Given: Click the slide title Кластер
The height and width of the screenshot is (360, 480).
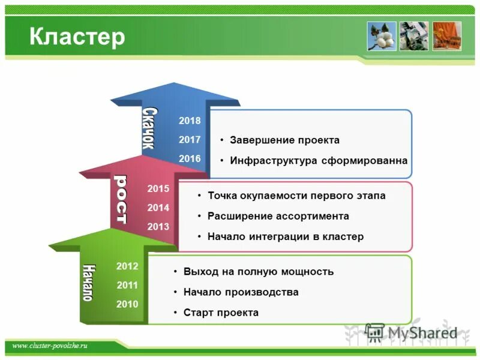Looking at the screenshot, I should click(x=77, y=37).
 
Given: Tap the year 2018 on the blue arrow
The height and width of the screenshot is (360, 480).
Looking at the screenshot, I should click(x=190, y=121).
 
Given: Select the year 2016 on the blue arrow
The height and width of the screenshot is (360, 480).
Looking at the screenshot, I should click(x=190, y=158).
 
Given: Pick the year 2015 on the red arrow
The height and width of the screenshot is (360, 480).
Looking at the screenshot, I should click(x=158, y=188).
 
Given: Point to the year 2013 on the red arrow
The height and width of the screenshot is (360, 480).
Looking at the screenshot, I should click(x=158, y=227).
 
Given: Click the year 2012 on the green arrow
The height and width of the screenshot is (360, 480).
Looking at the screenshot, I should click(x=127, y=266).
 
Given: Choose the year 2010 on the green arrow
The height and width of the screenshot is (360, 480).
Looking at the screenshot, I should click(x=127, y=304).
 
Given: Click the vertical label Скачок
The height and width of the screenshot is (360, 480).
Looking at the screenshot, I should click(x=148, y=128).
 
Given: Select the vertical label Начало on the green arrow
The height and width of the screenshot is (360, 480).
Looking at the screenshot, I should click(x=88, y=282).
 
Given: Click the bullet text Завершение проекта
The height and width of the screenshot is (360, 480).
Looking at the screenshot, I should click(x=284, y=140).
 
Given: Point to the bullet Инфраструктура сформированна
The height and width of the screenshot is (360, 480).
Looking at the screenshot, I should click(x=318, y=161).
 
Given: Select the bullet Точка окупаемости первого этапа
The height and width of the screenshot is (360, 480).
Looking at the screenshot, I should click(x=296, y=196).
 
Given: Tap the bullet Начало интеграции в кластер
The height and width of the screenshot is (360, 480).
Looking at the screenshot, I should click(x=285, y=236).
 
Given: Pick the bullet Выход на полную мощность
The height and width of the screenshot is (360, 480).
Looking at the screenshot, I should click(x=258, y=272).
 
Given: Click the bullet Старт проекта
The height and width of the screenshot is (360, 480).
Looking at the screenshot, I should click(x=221, y=313).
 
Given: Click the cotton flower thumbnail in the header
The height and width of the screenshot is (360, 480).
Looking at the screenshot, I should click(x=382, y=36).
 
